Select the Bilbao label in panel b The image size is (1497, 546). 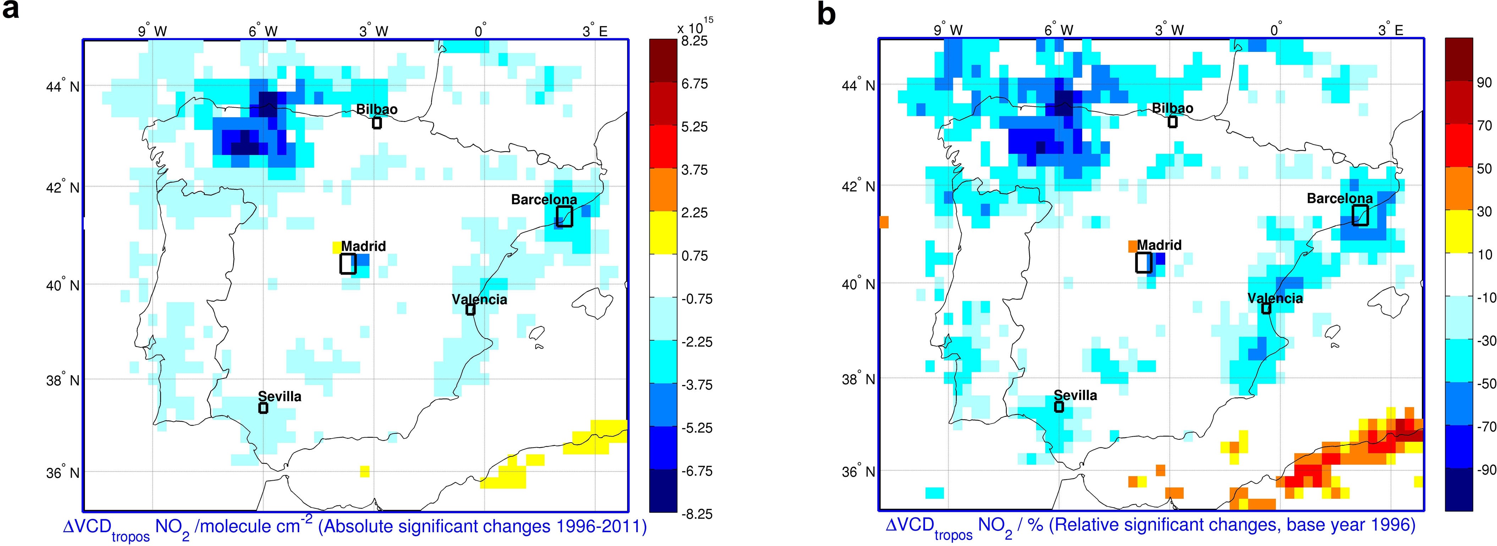tap(1173, 108)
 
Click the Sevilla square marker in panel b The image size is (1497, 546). tap(1059, 406)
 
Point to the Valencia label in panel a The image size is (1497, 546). tap(479, 299)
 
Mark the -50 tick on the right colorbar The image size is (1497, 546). tap(1486, 384)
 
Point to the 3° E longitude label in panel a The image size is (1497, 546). tap(595, 31)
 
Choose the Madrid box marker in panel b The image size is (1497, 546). tap(1144, 262)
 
